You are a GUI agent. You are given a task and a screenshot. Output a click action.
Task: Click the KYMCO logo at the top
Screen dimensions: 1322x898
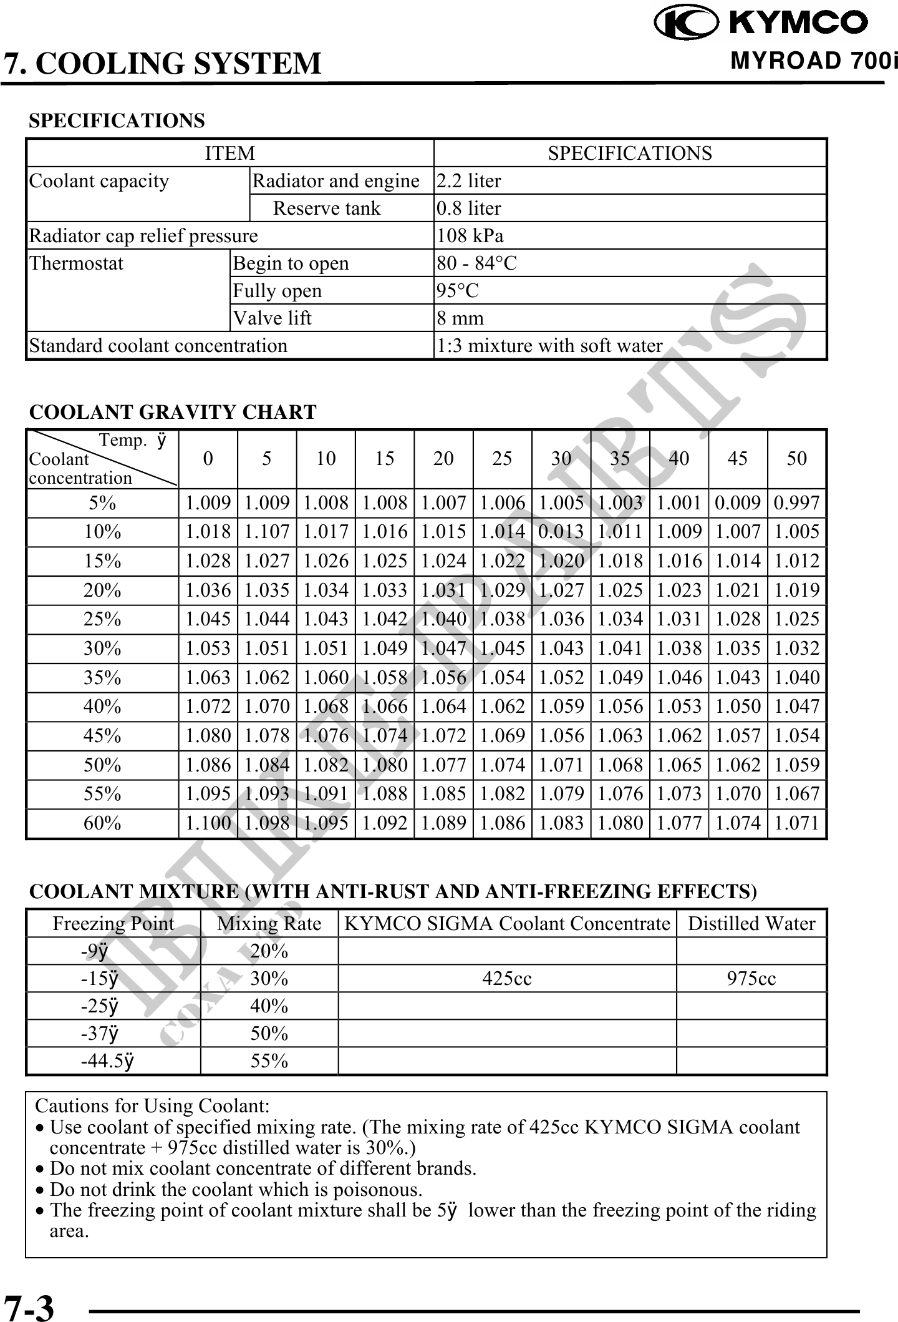(761, 22)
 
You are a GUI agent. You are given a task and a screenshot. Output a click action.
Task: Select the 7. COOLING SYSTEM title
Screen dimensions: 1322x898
(163, 64)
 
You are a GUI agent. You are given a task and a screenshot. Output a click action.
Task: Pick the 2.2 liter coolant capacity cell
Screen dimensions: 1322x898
(468, 181)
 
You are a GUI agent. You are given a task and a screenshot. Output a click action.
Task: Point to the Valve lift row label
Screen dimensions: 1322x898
(272, 318)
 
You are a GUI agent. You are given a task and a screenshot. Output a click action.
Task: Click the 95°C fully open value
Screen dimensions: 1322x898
(458, 291)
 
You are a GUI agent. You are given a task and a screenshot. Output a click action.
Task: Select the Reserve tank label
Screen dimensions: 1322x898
(326, 208)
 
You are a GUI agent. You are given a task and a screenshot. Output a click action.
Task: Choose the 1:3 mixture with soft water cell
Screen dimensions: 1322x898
(549, 346)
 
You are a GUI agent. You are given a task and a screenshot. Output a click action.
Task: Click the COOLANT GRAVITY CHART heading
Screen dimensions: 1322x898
(173, 412)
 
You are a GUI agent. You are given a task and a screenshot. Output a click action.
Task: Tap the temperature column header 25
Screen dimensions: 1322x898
(502, 459)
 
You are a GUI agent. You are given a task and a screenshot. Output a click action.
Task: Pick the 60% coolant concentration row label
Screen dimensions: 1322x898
(102, 823)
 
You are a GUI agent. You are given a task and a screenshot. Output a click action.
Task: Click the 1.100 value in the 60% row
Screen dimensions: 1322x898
(208, 823)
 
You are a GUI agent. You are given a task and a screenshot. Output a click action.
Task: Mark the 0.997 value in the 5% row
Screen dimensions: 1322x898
(796, 503)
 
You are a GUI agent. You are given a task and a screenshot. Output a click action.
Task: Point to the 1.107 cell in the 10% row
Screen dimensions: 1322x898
(267, 532)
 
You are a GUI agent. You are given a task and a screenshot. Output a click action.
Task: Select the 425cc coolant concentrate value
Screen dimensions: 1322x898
(507, 979)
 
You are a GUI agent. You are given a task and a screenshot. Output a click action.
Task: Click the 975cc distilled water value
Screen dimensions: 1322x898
(751, 979)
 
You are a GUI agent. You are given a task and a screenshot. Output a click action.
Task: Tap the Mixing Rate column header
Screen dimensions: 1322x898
(269, 924)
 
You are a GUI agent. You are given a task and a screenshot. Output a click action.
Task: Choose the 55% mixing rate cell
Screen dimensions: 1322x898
(269, 1061)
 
